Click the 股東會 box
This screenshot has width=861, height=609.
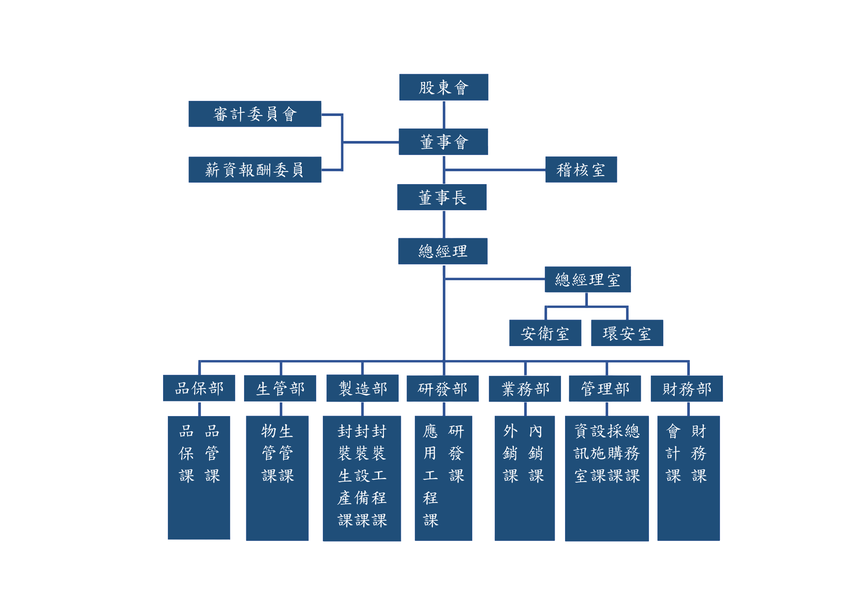pyautogui.click(x=444, y=87)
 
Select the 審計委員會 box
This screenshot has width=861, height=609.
pyautogui.click(x=255, y=114)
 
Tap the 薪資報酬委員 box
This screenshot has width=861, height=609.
pyautogui.click(x=255, y=169)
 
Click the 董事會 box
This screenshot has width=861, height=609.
pyautogui.click(x=444, y=142)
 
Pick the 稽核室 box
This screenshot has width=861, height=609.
pyautogui.click(x=581, y=169)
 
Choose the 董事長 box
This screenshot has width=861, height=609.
pyautogui.click(x=442, y=197)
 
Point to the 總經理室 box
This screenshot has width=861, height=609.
pyautogui.click(x=587, y=279)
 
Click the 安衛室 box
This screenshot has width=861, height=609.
pyautogui.click(x=545, y=333)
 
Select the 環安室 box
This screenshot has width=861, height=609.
pyautogui.click(x=627, y=333)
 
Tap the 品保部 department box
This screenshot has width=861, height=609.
pyautogui.click(x=199, y=388)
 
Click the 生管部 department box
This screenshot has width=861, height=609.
pyautogui.click(x=280, y=388)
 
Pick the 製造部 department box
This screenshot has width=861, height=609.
pyautogui.click(x=363, y=388)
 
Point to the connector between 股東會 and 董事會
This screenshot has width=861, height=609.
pyautogui.click(x=444, y=115)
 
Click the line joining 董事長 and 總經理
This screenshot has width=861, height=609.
pyautogui.click(x=444, y=224)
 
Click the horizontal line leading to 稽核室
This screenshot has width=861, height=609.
pyautogui.click(x=495, y=170)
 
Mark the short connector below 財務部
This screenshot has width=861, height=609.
pyautogui.click(x=688, y=409)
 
